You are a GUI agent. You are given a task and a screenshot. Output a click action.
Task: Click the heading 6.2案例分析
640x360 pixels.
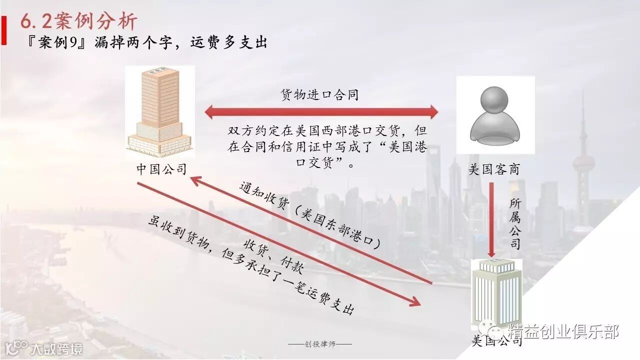(x=78, y=22)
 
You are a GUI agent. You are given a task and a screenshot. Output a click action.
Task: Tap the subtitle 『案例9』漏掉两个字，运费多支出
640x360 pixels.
(x=147, y=42)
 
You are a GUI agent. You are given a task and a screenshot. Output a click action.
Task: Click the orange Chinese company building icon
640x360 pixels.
(x=159, y=110)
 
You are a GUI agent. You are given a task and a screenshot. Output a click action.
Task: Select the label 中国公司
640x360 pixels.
(x=161, y=169)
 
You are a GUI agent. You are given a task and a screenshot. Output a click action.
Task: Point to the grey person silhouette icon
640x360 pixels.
(x=495, y=114)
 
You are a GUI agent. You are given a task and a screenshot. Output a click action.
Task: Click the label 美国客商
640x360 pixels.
(x=494, y=169)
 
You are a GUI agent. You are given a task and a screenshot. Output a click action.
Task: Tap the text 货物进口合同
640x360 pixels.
(x=320, y=95)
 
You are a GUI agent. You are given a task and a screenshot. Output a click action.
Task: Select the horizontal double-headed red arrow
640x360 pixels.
(x=321, y=111)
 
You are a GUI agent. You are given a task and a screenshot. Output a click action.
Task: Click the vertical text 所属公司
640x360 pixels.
(x=515, y=223)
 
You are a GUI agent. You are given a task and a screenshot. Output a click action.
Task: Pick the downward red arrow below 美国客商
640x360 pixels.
(x=491, y=220)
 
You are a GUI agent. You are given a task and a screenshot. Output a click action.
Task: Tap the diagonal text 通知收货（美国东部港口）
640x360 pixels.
(x=310, y=215)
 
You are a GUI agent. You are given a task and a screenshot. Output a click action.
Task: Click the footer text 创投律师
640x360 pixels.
(x=320, y=344)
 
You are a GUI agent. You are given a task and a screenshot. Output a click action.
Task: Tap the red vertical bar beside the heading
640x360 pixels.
(x=3, y=30)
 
